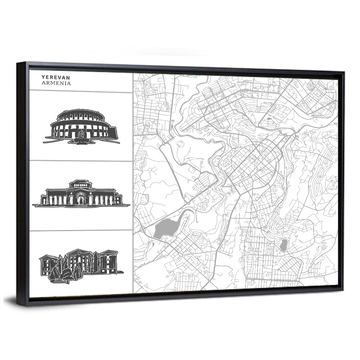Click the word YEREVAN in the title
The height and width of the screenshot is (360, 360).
coord(55,77)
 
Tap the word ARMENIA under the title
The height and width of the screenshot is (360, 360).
coord(56,83)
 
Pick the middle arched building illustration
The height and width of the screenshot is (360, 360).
coord(81,194)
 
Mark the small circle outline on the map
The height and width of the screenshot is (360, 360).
coord(180,144)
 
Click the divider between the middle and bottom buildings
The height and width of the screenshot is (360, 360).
coord(81,230)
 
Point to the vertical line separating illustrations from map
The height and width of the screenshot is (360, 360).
coord(133,180)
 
